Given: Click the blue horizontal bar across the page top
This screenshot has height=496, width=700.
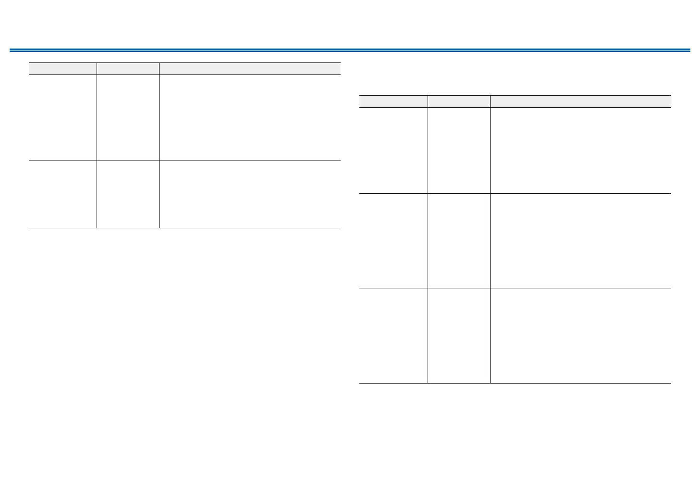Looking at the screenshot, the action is point(350,50).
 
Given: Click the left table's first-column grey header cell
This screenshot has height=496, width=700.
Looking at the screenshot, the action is point(62,69).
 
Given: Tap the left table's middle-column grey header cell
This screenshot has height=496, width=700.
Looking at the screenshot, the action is point(128,69).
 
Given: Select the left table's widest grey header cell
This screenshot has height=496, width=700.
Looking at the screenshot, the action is point(250,69).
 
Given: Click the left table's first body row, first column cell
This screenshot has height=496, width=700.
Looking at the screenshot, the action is point(62,118).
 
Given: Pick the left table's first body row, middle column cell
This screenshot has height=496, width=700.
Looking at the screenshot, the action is point(128,118).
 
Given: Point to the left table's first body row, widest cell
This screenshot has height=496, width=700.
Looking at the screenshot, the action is point(250,118).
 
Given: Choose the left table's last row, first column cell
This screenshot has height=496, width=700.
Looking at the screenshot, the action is point(62,194).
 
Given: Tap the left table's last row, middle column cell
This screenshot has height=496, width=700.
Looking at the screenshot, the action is point(128,194).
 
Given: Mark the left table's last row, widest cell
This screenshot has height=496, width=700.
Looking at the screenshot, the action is point(250,194).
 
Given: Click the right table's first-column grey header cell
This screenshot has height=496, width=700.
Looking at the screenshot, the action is point(393,101).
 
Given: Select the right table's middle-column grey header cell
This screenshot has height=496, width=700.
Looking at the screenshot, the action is point(459,101).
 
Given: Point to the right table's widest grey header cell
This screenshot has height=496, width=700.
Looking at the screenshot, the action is point(580,101).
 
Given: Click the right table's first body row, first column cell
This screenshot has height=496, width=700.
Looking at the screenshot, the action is point(393,150).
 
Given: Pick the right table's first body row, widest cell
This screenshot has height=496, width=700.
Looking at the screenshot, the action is point(580,150).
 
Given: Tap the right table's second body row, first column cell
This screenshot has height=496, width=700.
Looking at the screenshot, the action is point(393,241).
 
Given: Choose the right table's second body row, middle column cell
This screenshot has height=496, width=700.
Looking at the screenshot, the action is point(459,241).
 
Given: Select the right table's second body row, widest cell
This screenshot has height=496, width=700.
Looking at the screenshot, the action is point(580,241).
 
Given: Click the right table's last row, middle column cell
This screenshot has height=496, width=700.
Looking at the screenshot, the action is point(459,335).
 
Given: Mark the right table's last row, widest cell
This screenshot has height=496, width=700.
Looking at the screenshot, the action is point(580,335).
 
